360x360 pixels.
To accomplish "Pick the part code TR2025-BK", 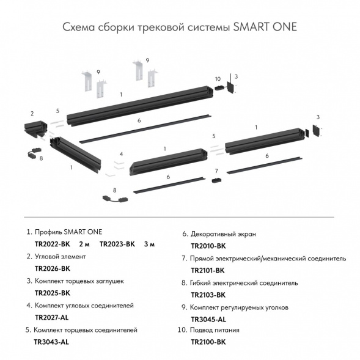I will click(x=53, y=293).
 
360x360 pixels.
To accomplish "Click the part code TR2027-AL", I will click(x=53, y=318).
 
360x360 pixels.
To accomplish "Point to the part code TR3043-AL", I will click(x=51, y=342).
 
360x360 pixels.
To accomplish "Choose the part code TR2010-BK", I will click(x=208, y=246).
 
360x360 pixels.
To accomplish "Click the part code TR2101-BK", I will click(x=208, y=270).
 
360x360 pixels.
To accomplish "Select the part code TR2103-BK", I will click(x=208, y=295).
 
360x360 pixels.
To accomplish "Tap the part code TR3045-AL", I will click(x=208, y=319).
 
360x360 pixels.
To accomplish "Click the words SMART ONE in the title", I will click(x=266, y=29).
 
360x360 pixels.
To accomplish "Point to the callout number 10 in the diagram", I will click(x=218, y=79).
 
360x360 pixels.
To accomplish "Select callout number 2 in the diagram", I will click(x=31, y=114).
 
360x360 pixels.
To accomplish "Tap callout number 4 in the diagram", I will click(x=122, y=153).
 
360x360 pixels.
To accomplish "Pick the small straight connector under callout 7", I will click(x=216, y=180).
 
